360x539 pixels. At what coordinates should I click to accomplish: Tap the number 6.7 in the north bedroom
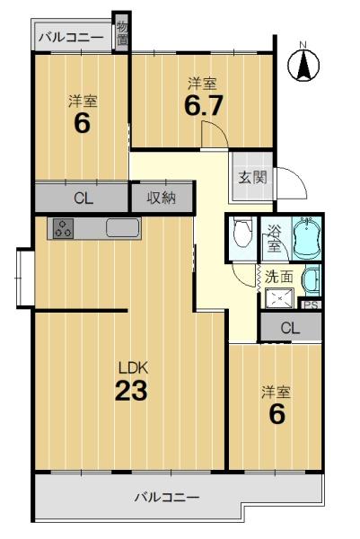(204, 105)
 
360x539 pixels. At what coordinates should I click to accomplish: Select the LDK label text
(133, 368)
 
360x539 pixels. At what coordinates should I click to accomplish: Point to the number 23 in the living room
(131, 391)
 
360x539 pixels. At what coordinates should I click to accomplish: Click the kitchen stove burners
(63, 228)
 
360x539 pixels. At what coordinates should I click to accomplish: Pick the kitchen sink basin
(122, 228)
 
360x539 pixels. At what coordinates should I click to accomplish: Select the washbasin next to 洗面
(312, 280)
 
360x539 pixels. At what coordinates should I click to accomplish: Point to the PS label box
(312, 305)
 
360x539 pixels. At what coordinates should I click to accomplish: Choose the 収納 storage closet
(162, 198)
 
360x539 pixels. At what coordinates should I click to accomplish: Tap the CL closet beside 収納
(82, 198)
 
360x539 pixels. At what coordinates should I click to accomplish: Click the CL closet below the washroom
(291, 327)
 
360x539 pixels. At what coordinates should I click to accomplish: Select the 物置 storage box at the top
(122, 32)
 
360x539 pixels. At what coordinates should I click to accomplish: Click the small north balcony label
(71, 37)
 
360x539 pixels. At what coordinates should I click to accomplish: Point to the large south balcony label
(167, 497)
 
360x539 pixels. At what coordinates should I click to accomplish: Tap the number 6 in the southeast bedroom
(277, 414)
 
